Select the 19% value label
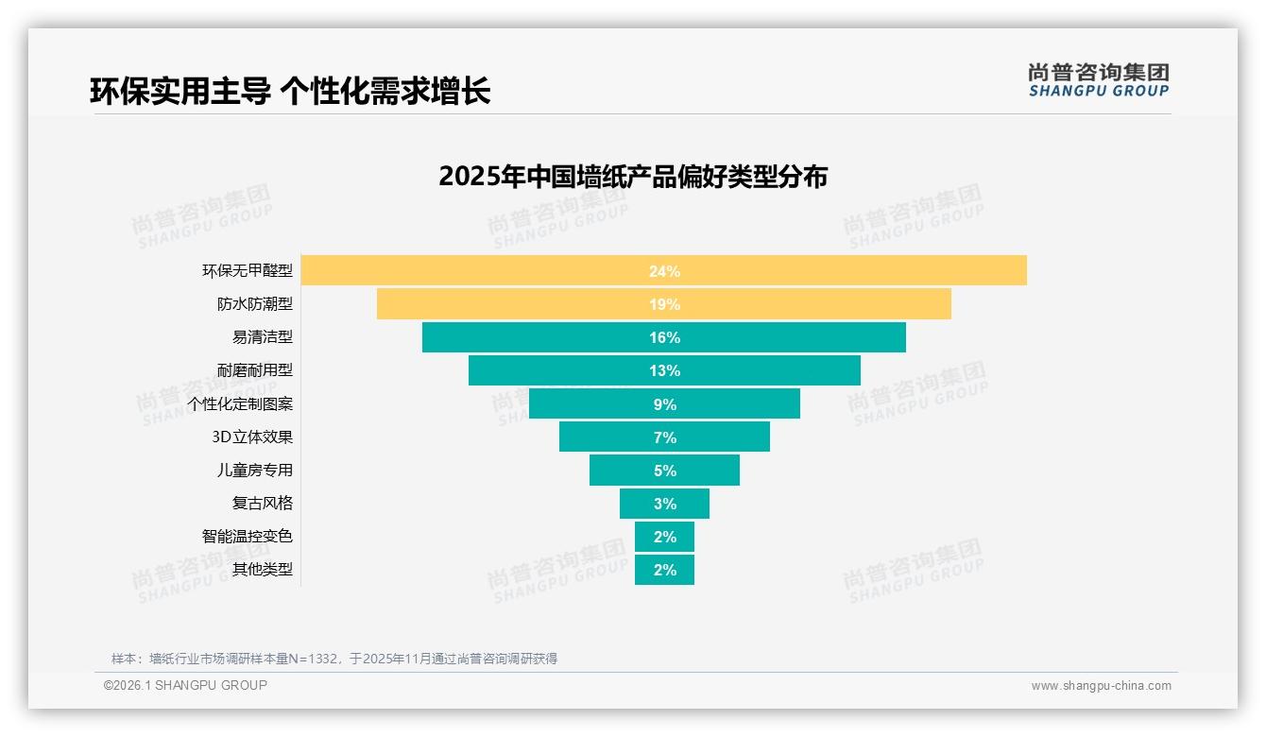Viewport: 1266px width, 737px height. (664, 304)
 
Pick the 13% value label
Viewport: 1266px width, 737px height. (664, 370)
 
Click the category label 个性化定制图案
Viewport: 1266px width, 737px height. (240, 403)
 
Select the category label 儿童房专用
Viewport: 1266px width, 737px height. (255, 470)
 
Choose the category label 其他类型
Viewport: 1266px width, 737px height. (263, 569)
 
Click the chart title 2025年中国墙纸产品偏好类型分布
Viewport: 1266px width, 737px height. (632, 177)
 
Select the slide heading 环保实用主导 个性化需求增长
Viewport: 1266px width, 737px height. (290, 92)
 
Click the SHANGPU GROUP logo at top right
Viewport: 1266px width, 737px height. (1098, 80)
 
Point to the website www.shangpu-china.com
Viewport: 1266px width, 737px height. (1101, 686)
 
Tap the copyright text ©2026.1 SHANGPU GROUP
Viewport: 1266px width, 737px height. (185, 685)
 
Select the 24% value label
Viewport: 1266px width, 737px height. (664, 271)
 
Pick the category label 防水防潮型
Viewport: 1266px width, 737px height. (255, 304)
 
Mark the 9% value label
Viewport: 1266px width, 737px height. (664, 404)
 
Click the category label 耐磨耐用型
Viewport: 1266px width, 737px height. (255, 370)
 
